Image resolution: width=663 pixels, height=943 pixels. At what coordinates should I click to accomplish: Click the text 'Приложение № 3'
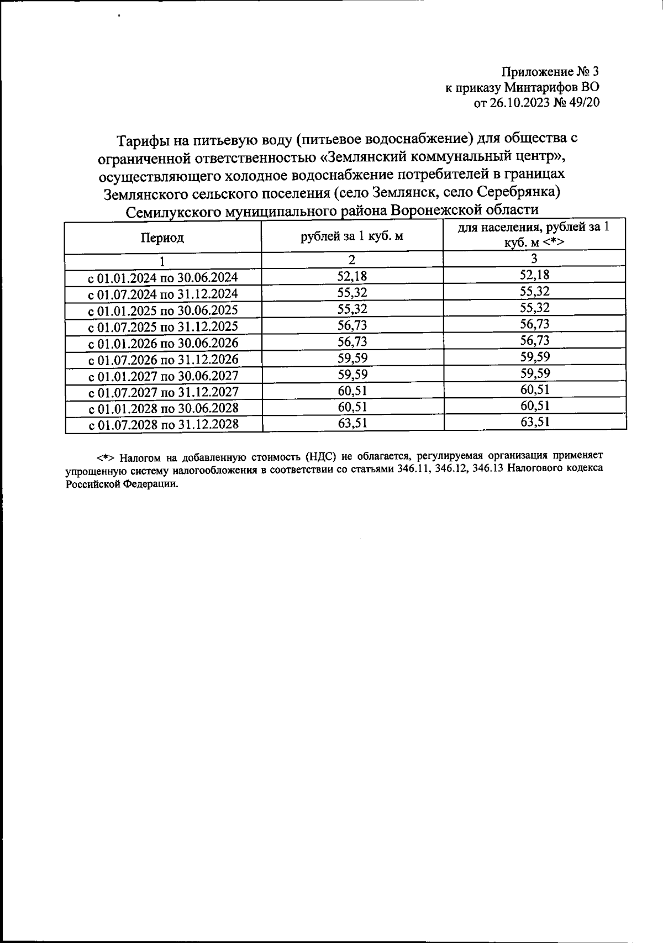tap(550, 72)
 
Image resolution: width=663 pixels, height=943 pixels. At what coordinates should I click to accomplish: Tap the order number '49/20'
tap(581, 103)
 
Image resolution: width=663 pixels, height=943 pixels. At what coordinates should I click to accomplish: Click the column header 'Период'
tap(162, 238)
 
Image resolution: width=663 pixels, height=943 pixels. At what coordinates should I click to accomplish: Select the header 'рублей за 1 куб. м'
tap(351, 236)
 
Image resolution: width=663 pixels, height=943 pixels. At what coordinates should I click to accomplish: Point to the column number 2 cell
tap(352, 260)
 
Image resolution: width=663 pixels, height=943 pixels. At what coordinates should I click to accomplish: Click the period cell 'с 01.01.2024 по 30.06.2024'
tap(164, 278)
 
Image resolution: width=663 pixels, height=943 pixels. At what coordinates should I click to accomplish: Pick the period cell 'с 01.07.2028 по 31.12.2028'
tap(164, 425)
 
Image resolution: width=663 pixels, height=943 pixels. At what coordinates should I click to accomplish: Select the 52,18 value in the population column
tap(535, 275)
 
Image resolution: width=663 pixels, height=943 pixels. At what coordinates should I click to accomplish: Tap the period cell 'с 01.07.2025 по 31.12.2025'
tap(164, 327)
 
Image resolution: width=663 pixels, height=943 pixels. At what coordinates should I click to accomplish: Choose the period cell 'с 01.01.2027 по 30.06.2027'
tap(164, 376)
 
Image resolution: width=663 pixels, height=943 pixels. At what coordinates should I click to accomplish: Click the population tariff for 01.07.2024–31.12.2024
tap(535, 291)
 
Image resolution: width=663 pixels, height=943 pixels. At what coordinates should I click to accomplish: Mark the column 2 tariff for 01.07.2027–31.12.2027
tap(352, 391)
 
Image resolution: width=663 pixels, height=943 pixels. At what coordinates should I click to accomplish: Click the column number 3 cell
tap(534, 258)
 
